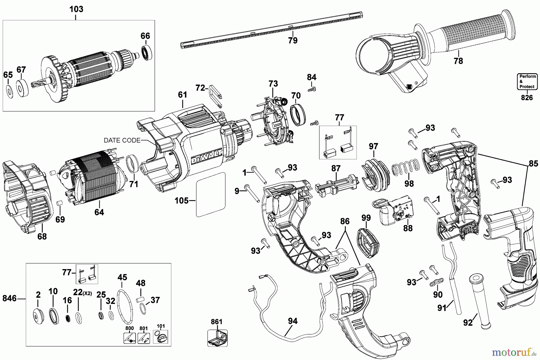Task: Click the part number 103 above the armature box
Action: click(76, 9)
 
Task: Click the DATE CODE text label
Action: click(122, 140)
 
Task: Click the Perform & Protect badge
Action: click(527, 82)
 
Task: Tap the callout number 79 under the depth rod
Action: click(292, 40)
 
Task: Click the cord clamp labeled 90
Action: click(436, 282)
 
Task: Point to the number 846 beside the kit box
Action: click(10, 298)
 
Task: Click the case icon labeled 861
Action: click(217, 338)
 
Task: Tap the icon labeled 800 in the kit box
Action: click(130, 338)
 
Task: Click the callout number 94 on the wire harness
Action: click(292, 321)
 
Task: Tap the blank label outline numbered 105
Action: click(210, 195)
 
